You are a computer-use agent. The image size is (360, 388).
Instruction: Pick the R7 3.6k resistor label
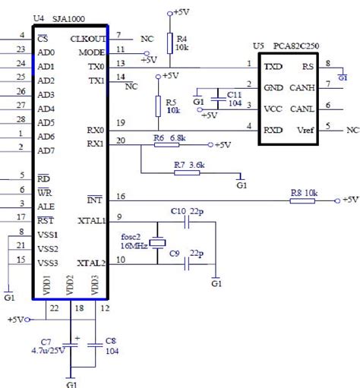click(x=188, y=164)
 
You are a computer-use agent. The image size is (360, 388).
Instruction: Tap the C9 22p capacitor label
click(x=187, y=253)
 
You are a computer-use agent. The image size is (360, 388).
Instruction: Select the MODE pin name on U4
click(x=91, y=52)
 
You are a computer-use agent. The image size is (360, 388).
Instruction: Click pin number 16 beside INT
click(x=120, y=197)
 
